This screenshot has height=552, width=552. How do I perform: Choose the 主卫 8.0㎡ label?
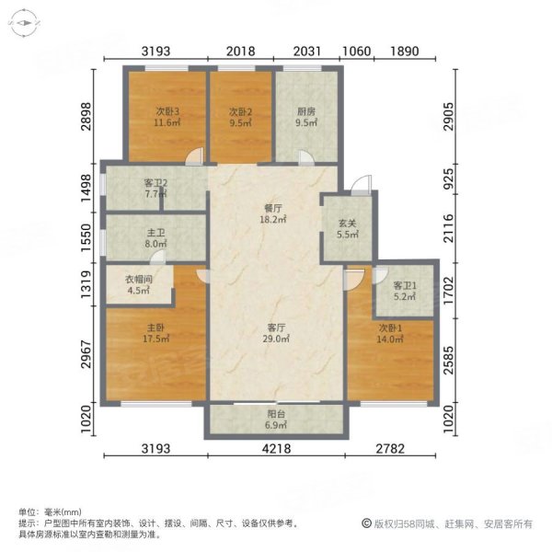click(155, 238)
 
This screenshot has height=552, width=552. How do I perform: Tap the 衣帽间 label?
click(138, 282)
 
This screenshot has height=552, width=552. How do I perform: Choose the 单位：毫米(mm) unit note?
click(50, 512)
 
